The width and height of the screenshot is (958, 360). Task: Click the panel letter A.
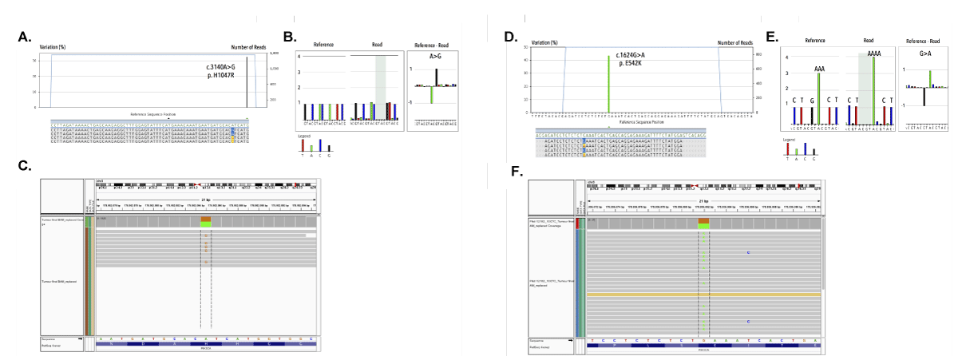click(x=23, y=38)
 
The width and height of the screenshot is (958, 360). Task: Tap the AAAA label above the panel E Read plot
click(x=874, y=52)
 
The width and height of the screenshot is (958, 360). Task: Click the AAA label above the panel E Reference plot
click(x=819, y=69)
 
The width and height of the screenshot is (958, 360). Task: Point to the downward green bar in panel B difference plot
click(x=431, y=95)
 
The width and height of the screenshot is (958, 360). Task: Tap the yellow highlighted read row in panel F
click(x=703, y=295)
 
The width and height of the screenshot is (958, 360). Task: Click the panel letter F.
click(x=517, y=172)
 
